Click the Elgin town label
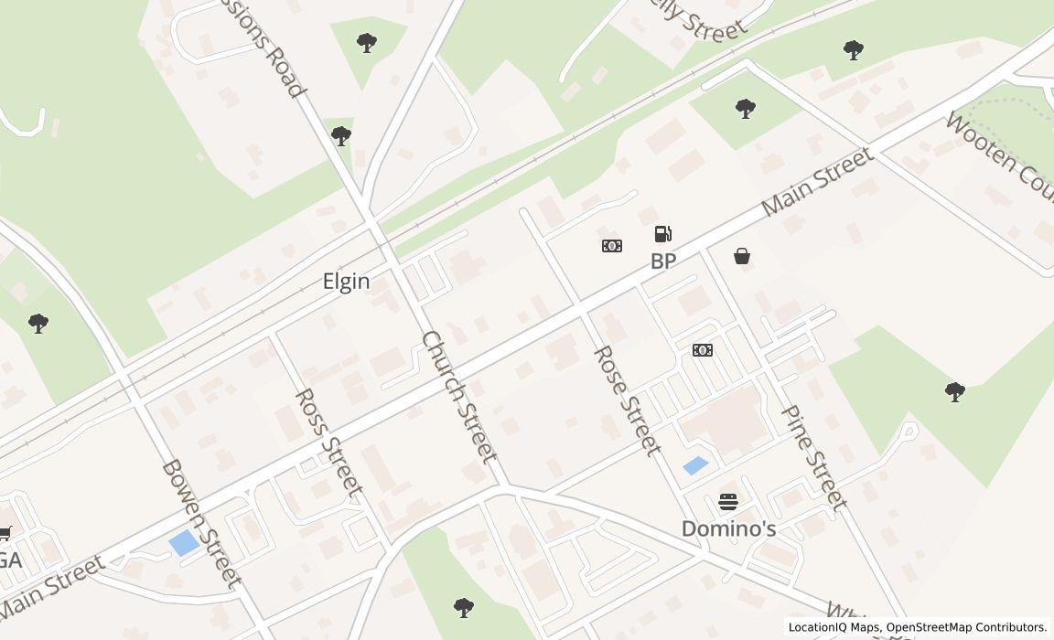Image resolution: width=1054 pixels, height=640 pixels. pyautogui.click(x=346, y=282)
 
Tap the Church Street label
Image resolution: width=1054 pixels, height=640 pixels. pyautogui.click(x=459, y=396)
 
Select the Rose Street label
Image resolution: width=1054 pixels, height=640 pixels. pyautogui.click(x=627, y=400)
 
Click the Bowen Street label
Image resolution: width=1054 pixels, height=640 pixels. pyautogui.click(x=201, y=522)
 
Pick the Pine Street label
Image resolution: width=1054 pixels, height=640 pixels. pyautogui.click(x=813, y=456)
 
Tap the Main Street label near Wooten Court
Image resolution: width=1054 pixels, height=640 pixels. pyautogui.click(x=816, y=182)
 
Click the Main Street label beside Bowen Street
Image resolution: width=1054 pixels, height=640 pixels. pyautogui.click(x=52, y=585)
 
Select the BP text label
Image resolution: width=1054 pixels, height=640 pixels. pyautogui.click(x=663, y=261)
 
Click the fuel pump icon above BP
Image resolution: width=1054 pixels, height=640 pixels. pyautogui.click(x=663, y=234)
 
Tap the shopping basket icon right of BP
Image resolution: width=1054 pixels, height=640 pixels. pyautogui.click(x=742, y=257)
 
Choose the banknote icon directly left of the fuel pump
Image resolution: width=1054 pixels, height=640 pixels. pyautogui.click(x=612, y=246)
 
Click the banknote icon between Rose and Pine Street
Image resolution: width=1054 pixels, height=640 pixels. pyautogui.click(x=703, y=350)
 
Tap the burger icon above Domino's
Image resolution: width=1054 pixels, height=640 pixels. pyautogui.click(x=728, y=501)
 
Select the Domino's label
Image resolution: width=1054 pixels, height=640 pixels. pyautogui.click(x=728, y=528)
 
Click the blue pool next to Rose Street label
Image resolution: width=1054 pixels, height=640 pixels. pyautogui.click(x=695, y=465)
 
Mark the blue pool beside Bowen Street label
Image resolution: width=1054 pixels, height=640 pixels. pyautogui.click(x=184, y=542)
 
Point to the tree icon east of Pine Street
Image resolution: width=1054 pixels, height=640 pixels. pyautogui.click(x=954, y=393)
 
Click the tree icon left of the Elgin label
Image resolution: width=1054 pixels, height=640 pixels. pyautogui.click(x=38, y=323)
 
